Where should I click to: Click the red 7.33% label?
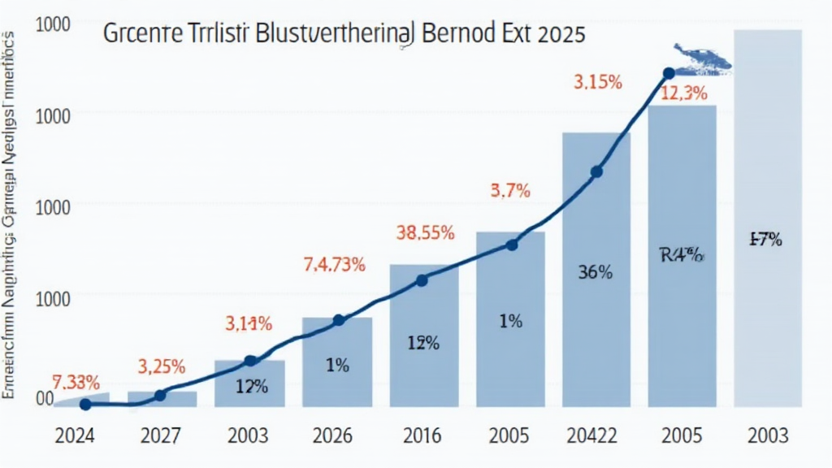click(x=76, y=382)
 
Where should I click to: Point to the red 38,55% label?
click(x=424, y=232)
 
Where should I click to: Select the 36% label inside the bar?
click(x=595, y=273)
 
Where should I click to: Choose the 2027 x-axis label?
click(x=162, y=435)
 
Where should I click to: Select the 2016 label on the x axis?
click(x=422, y=435)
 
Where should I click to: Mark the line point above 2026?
click(x=339, y=320)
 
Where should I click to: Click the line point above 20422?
click(x=596, y=171)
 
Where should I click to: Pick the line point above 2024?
click(x=85, y=404)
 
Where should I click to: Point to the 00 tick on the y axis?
click(x=45, y=398)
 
